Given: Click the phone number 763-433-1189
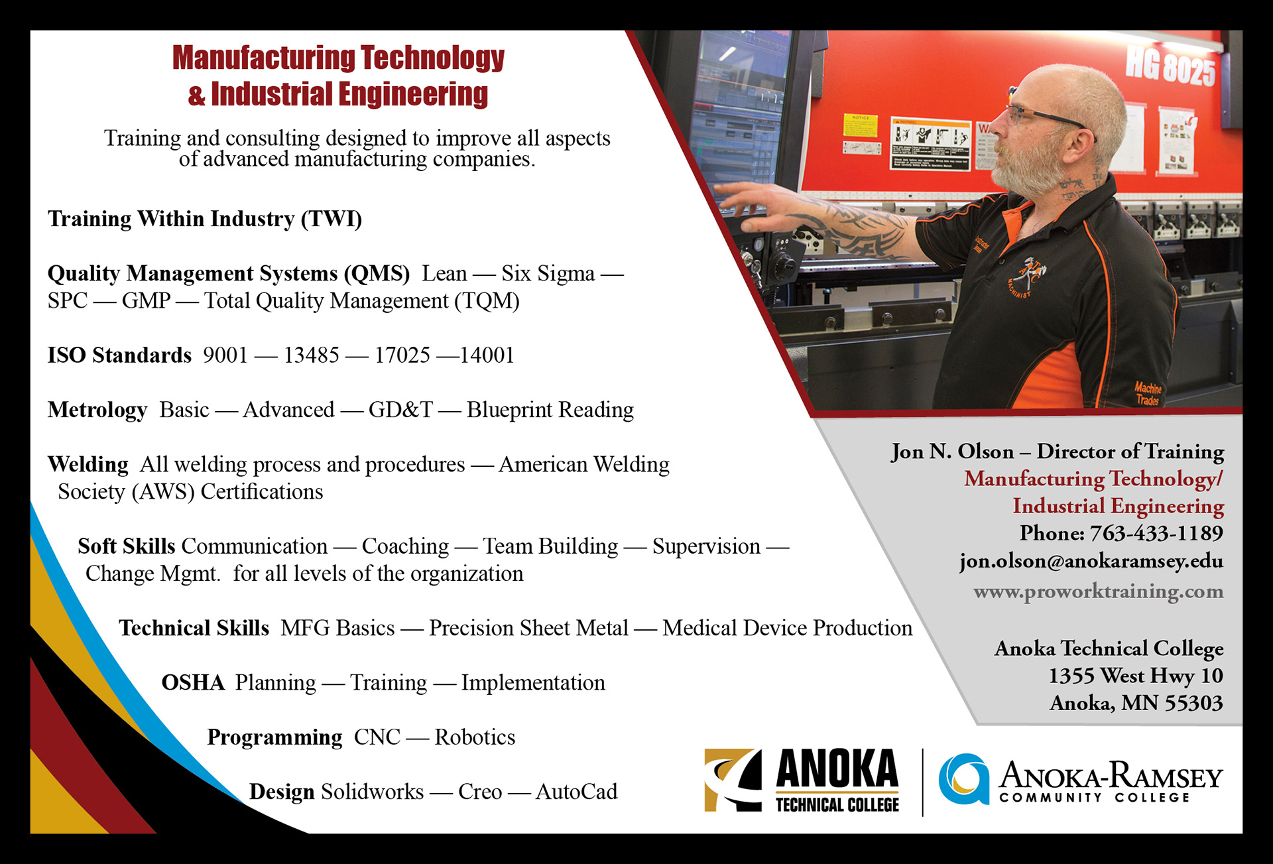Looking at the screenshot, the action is [x=1156, y=533].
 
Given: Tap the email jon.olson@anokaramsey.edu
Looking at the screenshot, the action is [x=1091, y=561].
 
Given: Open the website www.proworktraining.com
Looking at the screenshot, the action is [x=1099, y=591].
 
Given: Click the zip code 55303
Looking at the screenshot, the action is [x=1196, y=703].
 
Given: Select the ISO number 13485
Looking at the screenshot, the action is [x=312, y=355].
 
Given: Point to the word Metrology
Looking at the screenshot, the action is [x=97, y=410].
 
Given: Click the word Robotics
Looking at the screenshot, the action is [x=475, y=737].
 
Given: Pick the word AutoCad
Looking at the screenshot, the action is [x=576, y=792].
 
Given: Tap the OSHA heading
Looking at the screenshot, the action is [x=193, y=683].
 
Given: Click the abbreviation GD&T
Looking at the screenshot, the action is [x=400, y=410].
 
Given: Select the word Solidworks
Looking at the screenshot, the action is [x=373, y=792].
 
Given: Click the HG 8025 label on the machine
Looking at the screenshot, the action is [x=1171, y=68].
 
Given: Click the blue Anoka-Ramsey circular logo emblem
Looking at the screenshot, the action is [x=963, y=778].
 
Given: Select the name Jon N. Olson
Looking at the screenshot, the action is [x=953, y=452].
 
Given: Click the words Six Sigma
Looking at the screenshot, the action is [x=548, y=273].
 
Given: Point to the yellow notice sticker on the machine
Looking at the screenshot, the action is [x=860, y=125].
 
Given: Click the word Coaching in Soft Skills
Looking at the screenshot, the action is [x=405, y=546].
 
